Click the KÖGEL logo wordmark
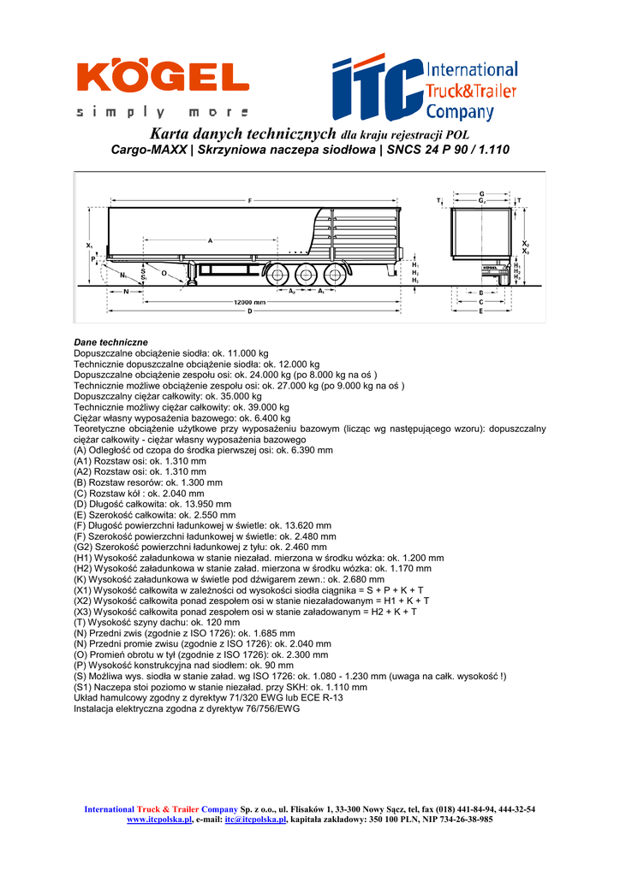[x=163, y=78]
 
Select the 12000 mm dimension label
[x=249, y=302]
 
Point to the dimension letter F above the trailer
[x=249, y=200]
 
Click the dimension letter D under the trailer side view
[x=249, y=312]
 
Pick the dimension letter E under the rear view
[x=481, y=311]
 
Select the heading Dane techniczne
[x=110, y=342]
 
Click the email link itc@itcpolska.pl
[x=255, y=819]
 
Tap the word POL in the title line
[x=456, y=135]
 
